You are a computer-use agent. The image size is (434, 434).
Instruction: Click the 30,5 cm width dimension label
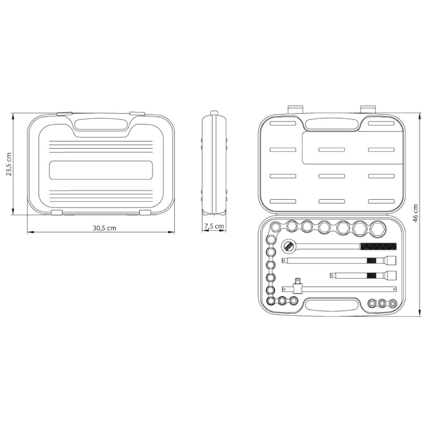104,228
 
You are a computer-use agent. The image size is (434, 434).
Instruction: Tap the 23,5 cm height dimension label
9,164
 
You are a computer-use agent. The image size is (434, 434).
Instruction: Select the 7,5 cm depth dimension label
214,226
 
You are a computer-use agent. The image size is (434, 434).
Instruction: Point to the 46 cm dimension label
415,213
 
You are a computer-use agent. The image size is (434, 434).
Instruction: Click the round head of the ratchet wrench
288,246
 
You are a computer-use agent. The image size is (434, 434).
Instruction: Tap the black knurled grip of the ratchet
378,246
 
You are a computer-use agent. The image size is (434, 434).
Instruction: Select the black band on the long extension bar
371,261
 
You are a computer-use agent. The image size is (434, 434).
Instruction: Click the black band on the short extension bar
371,275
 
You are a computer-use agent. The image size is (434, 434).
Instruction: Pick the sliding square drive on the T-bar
298,287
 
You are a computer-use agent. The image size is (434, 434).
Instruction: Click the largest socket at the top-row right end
378,228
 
